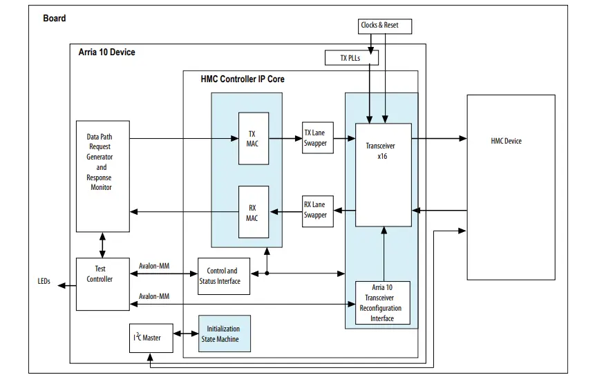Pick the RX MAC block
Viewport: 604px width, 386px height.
(253, 211)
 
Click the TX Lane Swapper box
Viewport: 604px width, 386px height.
(315, 137)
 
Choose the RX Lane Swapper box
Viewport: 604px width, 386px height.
(315, 210)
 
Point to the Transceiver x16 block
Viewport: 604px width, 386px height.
(383, 175)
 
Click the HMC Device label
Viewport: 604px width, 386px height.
(506, 141)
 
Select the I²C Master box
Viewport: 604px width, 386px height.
(148, 337)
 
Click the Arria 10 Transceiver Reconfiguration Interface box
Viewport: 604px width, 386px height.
(382, 302)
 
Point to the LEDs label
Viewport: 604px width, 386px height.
(44, 282)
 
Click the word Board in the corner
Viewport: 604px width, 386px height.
(55, 18)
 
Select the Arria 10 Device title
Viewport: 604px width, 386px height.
(106, 52)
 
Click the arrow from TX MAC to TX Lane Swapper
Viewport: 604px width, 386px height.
(285, 137)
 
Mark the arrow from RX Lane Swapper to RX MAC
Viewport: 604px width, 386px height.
(285, 211)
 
